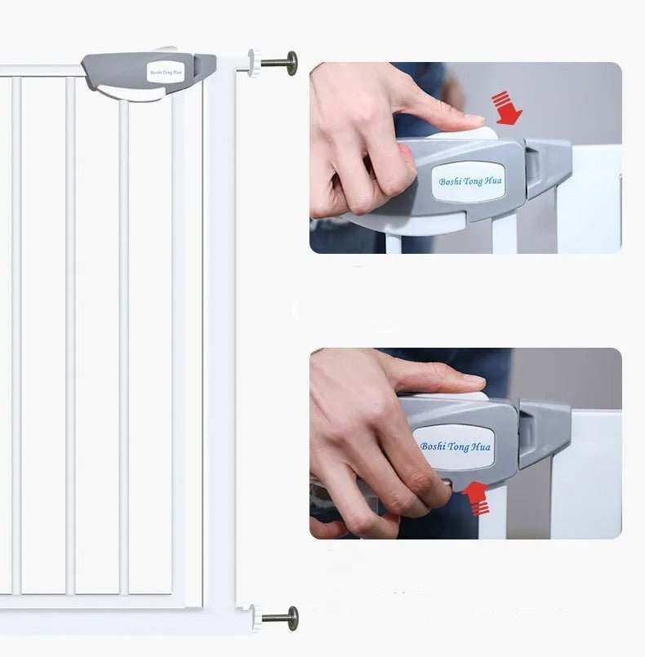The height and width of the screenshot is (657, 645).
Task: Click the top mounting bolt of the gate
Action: (x=281, y=62)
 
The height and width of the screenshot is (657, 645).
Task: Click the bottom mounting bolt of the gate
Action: (x=282, y=617)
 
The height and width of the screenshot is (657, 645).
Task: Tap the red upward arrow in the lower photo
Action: (x=476, y=497)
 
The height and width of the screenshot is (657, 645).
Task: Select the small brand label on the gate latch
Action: (x=166, y=73)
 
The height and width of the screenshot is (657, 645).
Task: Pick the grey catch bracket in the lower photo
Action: (x=543, y=432)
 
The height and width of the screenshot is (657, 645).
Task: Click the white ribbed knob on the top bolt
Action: (x=255, y=62)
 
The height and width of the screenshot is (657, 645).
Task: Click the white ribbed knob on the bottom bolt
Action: (x=256, y=618)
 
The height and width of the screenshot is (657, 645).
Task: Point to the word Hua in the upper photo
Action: (x=492, y=179)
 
